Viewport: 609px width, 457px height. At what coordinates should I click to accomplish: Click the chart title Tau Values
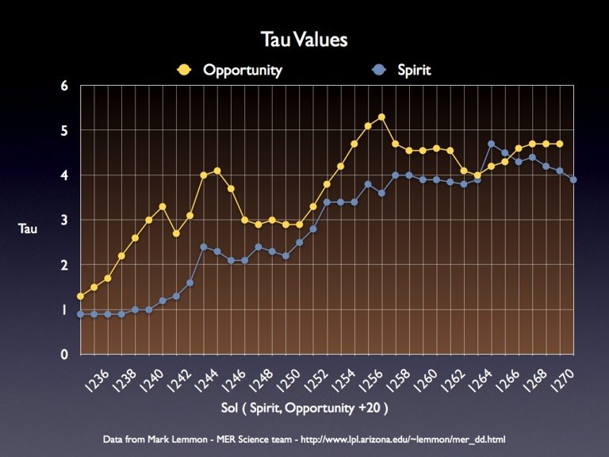pos(304,40)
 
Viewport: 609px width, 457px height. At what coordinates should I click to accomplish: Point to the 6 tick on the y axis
pos(64,85)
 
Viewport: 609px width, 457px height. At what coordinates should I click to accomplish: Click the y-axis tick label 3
pos(64,220)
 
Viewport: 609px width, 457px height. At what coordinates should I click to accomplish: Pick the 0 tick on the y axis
pos(64,355)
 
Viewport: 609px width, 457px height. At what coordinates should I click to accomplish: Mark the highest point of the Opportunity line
pos(381,117)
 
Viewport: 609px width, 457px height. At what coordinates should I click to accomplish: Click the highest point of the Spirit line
pos(492,144)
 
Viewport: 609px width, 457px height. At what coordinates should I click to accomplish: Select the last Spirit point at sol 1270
pos(573,179)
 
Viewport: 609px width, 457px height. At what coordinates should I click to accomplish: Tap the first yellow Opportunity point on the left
pos(80,296)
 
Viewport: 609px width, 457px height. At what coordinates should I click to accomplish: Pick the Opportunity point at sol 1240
pos(162,206)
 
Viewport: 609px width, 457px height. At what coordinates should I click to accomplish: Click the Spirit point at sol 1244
pos(217,252)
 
